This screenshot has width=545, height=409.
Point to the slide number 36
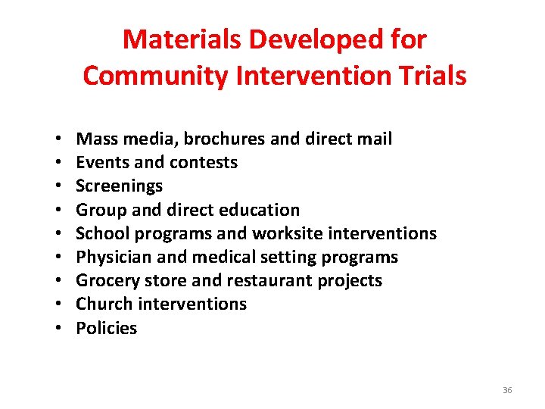click(x=507, y=390)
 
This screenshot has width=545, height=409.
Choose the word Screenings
click(x=119, y=186)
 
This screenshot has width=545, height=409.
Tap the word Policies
click(x=107, y=328)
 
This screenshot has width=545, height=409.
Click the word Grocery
click(x=106, y=280)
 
